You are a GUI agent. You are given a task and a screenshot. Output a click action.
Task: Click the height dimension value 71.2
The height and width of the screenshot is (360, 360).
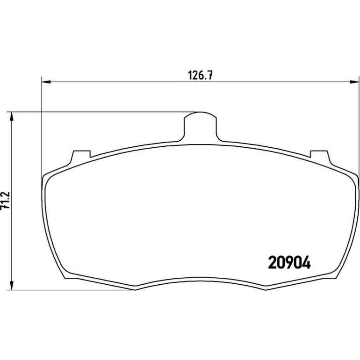6,200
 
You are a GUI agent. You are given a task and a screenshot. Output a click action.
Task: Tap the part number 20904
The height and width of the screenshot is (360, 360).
289,262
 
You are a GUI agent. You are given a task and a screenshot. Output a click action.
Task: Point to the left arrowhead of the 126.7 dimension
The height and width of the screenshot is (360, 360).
46,82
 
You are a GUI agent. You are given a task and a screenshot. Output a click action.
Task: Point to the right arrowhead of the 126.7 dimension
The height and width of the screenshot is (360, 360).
354,82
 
